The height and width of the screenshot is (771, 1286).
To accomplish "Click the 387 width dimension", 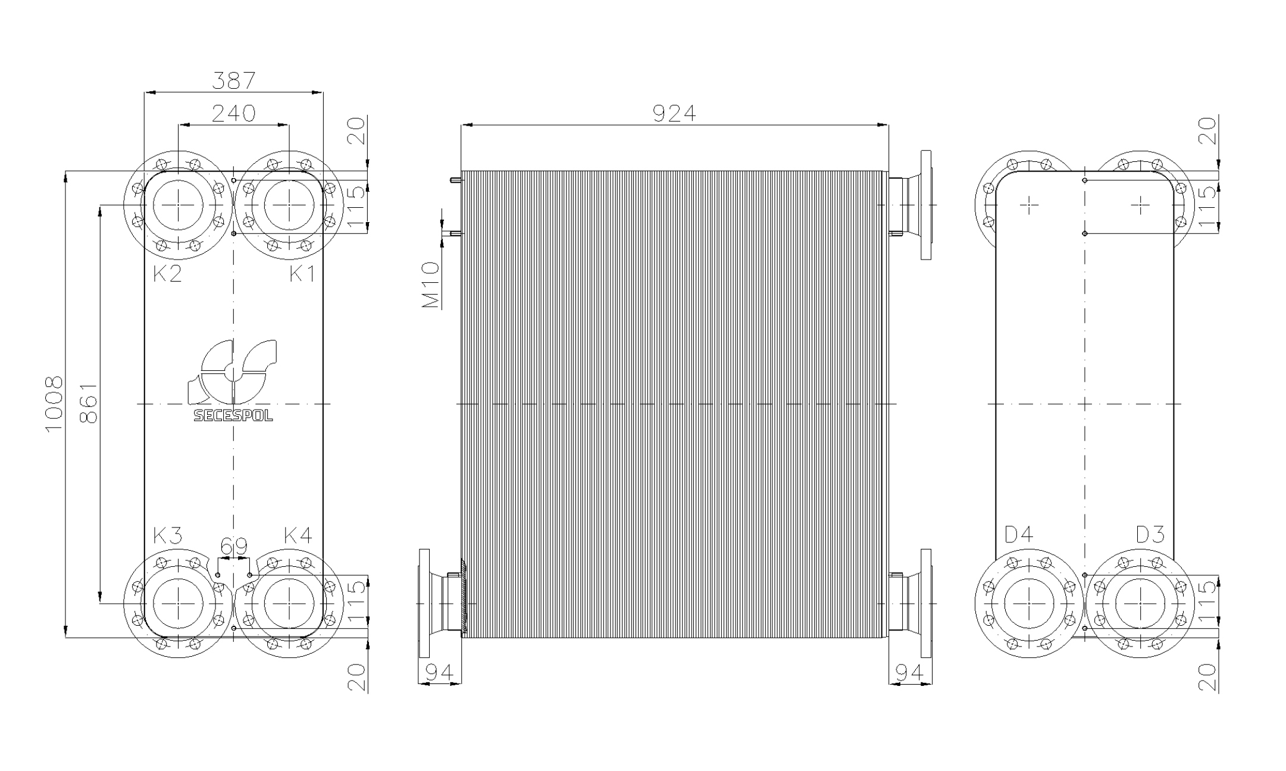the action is pos(234,81).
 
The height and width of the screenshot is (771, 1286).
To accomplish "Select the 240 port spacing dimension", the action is pos(234,113).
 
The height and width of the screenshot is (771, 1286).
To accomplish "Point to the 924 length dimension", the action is pos(674,113).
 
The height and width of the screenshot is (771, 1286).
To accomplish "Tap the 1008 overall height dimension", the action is pos(54,404).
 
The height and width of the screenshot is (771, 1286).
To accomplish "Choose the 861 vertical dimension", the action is pos(89,402).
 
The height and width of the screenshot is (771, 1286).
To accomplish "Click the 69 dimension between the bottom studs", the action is pos(234,546).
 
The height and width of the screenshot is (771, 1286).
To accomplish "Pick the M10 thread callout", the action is pos(431,285).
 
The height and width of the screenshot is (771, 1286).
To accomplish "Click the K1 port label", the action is pos(302,274).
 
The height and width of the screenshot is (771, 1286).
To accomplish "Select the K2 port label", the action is pos(167,274).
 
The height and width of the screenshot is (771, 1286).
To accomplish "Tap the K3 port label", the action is pos(167,536).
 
